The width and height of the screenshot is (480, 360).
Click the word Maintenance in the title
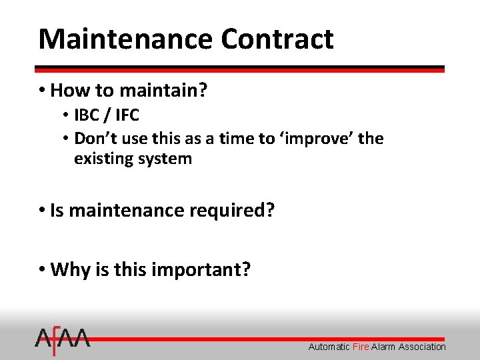126,39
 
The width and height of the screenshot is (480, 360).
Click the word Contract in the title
277,39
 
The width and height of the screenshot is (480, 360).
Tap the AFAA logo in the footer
62,342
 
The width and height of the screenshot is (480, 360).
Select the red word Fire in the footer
361,347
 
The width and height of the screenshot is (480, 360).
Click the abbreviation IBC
86,115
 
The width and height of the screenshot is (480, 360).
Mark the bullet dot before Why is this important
42,269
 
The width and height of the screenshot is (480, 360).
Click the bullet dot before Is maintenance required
42,211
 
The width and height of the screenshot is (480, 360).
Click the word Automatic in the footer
329,347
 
